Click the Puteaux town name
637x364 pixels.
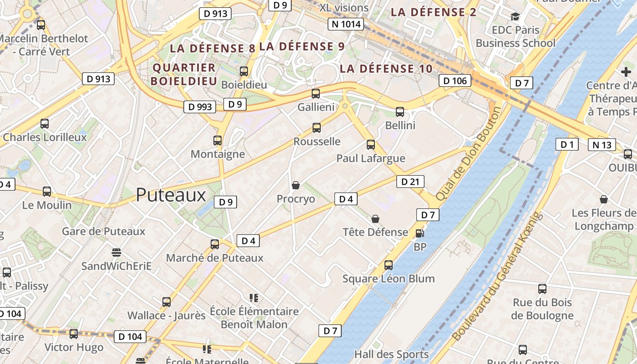tap(171, 195)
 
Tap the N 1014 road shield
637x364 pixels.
tap(346, 24)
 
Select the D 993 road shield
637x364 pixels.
tap(200, 107)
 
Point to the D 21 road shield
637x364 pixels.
tap(410, 182)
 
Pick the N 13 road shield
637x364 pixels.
tap(602, 145)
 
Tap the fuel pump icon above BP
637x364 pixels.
tap(420, 233)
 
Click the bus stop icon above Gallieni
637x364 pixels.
tap(315, 94)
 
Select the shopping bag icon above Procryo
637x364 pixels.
tap(296, 185)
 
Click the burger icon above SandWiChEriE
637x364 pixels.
tap(116, 252)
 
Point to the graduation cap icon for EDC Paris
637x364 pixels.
tap(515, 17)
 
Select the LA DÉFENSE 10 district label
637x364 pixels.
tap(386, 69)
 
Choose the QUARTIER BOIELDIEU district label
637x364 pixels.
tap(184, 74)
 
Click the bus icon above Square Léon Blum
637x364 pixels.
tap(388, 265)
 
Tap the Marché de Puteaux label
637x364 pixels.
tap(215, 258)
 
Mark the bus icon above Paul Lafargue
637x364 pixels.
tap(371, 145)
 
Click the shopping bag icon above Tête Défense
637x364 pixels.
tap(375, 219)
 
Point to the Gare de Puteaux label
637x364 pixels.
tap(103, 231)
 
